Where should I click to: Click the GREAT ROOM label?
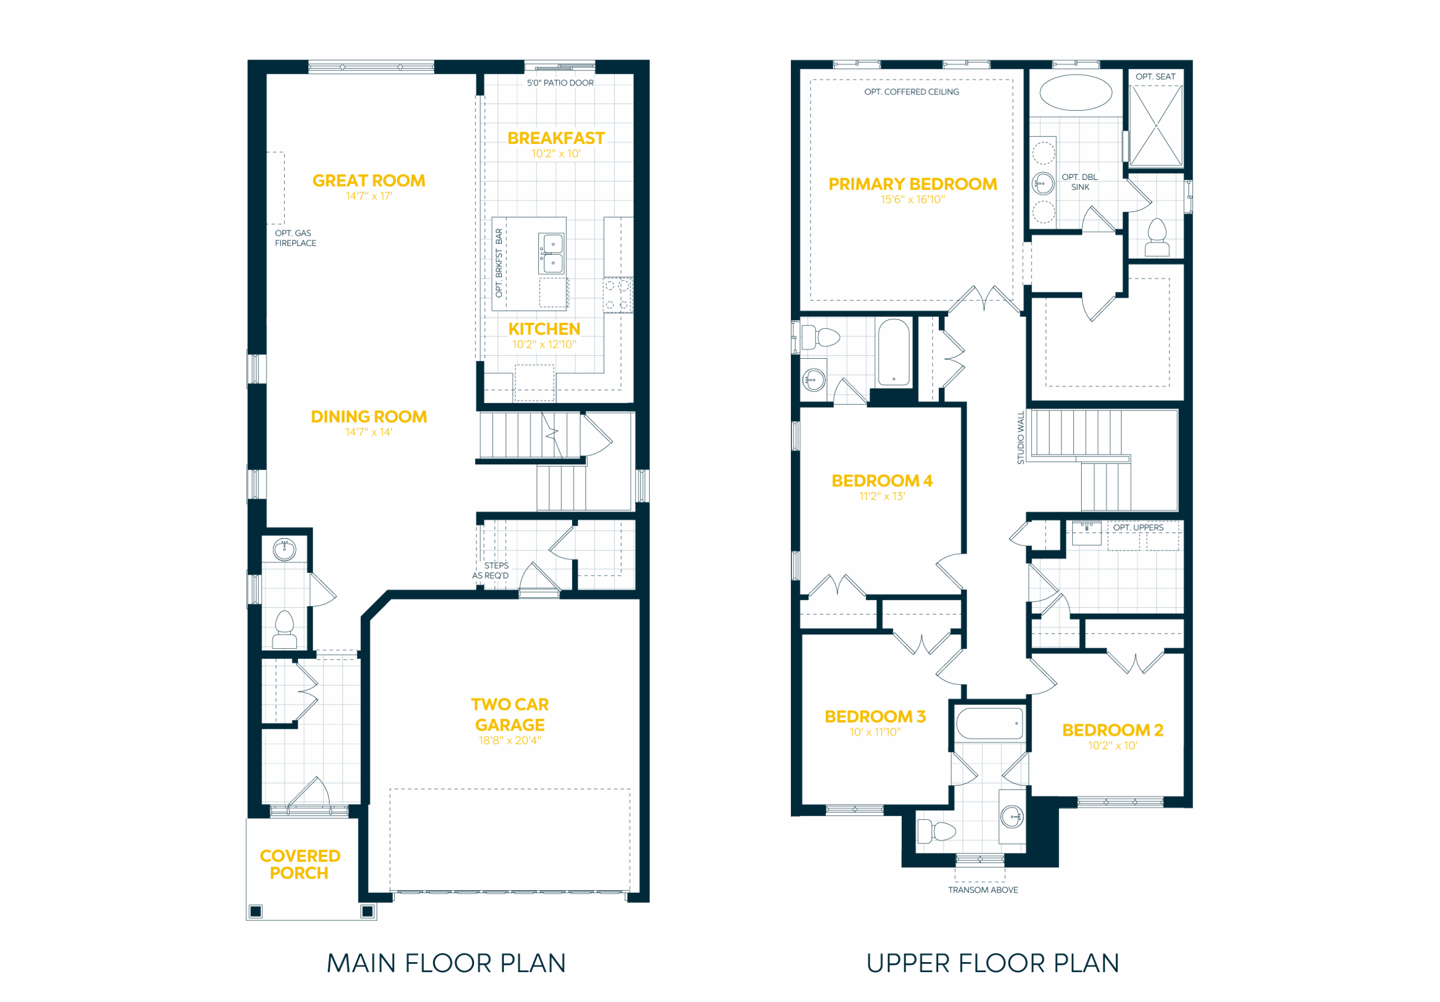pyautogui.click(x=369, y=180)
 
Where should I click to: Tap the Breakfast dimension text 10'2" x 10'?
pyautogui.click(x=556, y=154)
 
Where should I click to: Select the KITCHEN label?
pyautogui.click(x=544, y=328)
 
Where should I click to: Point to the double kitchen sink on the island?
pyautogui.click(x=552, y=254)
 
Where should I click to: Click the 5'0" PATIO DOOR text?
pyautogui.click(x=560, y=83)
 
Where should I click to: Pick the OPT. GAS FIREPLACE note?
pyautogui.click(x=295, y=238)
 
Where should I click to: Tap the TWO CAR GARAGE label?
pyautogui.click(x=510, y=714)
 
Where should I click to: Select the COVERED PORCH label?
pyautogui.click(x=300, y=864)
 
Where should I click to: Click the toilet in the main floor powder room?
pyautogui.click(x=284, y=629)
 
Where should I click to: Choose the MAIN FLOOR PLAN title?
pyautogui.click(x=446, y=963)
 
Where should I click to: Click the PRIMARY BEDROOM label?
pyautogui.click(x=912, y=184)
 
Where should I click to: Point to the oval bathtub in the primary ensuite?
pyautogui.click(x=1075, y=93)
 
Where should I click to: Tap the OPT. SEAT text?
pyautogui.click(x=1155, y=76)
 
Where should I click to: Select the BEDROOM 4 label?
pyautogui.click(x=882, y=480)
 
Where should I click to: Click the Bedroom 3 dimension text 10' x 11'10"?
pyautogui.click(x=875, y=732)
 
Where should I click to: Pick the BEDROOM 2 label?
pyautogui.click(x=1113, y=730)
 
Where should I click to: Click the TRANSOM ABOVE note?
pyautogui.click(x=983, y=890)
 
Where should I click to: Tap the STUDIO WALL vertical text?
pyautogui.click(x=1020, y=437)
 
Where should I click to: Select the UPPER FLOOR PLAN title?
pyautogui.click(x=992, y=963)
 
